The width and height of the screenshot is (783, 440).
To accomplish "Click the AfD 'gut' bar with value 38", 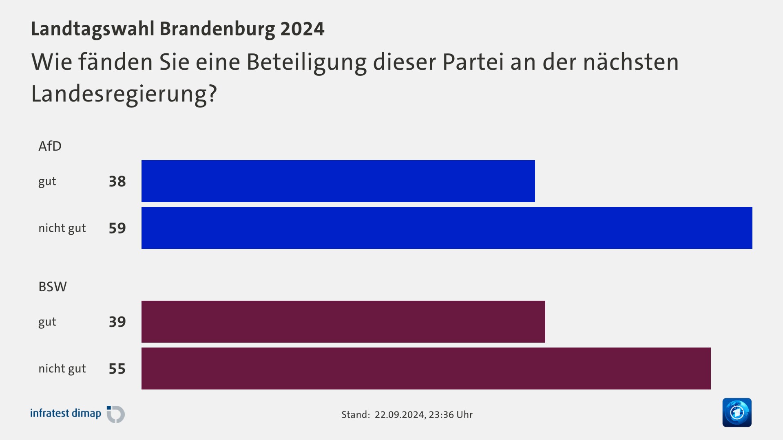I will pos(338,181).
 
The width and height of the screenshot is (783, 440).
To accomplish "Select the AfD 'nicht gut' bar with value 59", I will pos(447,228).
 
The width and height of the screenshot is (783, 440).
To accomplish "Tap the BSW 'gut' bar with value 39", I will pos(343,321).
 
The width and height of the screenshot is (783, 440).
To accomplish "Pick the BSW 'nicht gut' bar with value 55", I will pos(426,368).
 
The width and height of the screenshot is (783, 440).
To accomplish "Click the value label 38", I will pos(117,181).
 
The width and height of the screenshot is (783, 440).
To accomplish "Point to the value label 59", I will pos(117,228).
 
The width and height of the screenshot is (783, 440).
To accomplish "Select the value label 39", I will pos(117,322).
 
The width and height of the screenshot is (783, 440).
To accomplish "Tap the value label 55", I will pos(117,369).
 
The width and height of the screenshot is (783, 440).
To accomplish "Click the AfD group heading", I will pos(50,146).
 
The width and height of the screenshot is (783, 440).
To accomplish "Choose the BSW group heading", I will pos(52,286).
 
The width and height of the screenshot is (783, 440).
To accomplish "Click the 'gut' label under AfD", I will pos(47,181).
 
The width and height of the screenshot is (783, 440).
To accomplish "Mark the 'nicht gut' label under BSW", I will pos(62,369).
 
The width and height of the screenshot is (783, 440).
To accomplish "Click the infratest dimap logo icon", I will pos(116,414).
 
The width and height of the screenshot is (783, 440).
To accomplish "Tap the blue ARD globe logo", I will pos(737,412).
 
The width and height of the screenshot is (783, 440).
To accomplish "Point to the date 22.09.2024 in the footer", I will pos(400,415).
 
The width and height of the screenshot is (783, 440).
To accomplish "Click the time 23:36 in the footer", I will pos(441,415).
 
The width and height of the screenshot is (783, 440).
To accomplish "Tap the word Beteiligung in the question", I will pos(306,63).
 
